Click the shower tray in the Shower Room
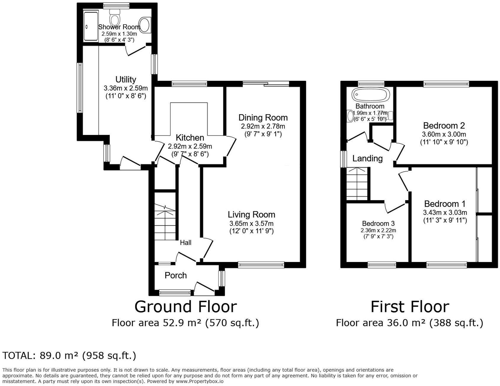pos(91,26)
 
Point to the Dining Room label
pos(263,118)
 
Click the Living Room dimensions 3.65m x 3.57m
pos(251,223)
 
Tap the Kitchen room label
pos(190,138)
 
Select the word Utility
pos(126,80)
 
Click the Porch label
pos(176,275)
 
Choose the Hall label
pos(186,243)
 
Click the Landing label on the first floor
pos(367,159)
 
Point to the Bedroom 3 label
pos(378,223)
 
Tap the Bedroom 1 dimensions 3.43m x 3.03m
pos(445,212)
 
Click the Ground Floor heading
pos(186,307)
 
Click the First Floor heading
pos(410,307)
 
